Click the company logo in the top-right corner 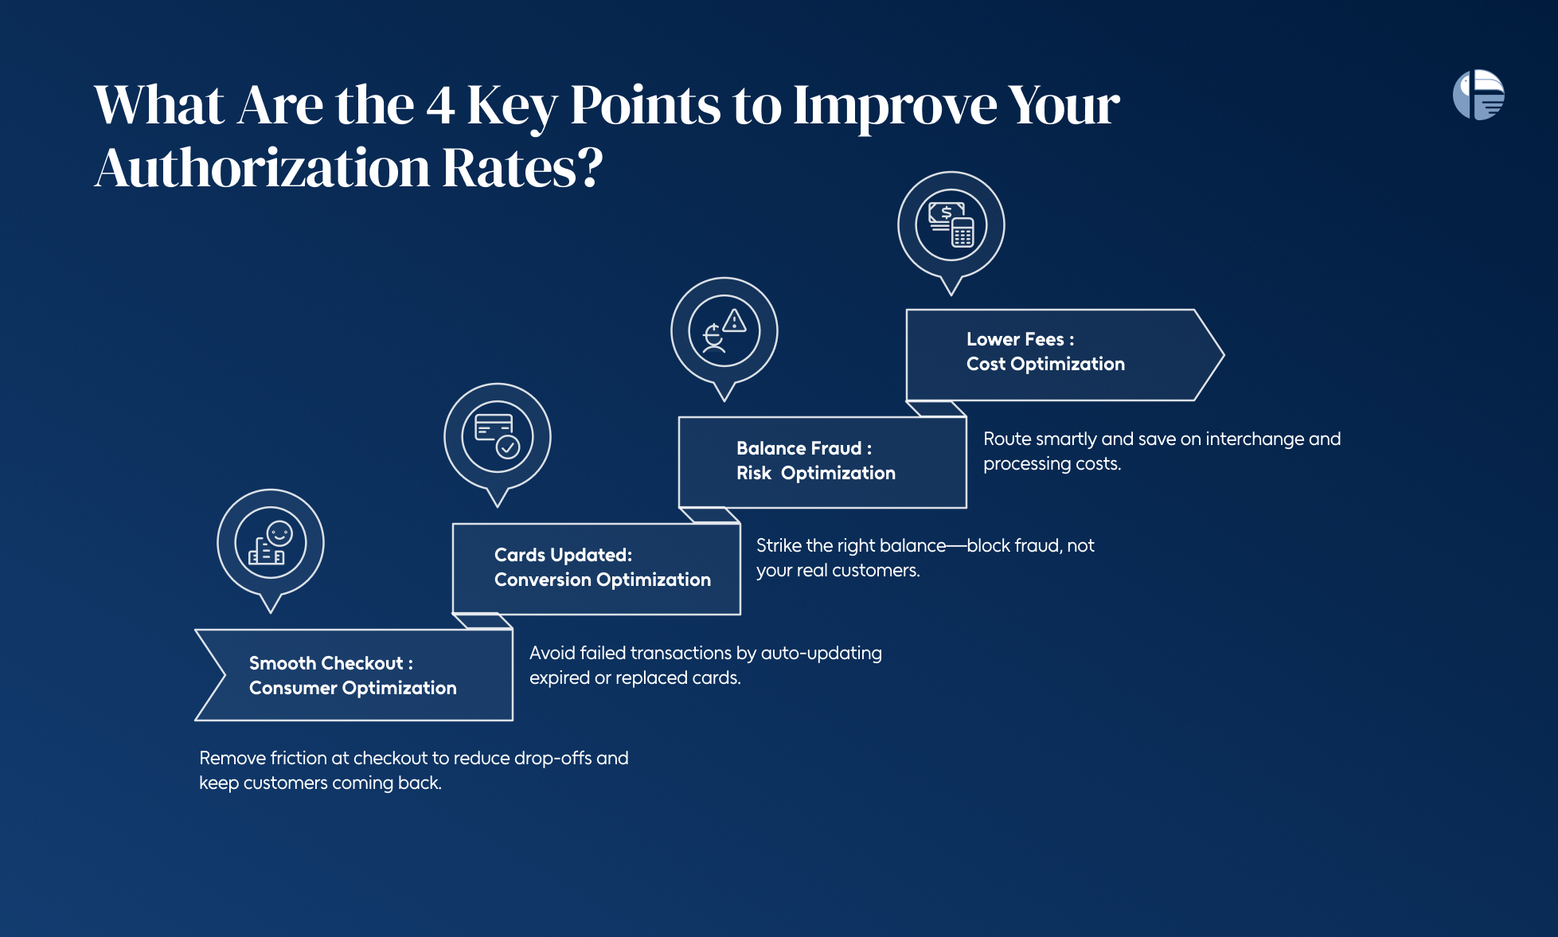(x=1478, y=95)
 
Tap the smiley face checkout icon (x=270, y=543)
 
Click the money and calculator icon (x=951, y=225)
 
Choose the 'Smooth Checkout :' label (x=331, y=663)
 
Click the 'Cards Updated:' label (x=563, y=555)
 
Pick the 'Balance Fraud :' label (x=804, y=448)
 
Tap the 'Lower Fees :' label (x=1021, y=339)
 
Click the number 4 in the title (x=440, y=105)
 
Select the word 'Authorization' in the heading (x=262, y=169)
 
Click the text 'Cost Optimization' (x=1045, y=364)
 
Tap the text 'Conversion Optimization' (x=603, y=580)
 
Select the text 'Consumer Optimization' (x=353, y=688)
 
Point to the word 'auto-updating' (x=822, y=654)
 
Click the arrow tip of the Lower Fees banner (x=1224, y=355)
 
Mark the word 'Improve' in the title (x=895, y=107)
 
